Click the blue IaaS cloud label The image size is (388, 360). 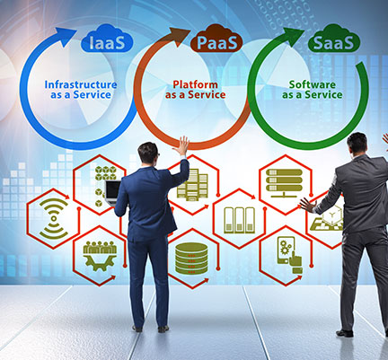107,39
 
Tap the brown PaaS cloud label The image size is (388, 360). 216,39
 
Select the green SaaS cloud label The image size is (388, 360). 333,39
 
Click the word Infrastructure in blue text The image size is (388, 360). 81,84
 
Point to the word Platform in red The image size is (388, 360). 195,84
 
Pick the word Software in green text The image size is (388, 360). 312,84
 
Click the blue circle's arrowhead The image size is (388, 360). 66,36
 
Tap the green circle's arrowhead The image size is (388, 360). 294,36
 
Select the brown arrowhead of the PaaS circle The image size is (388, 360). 180,36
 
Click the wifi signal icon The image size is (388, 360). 54,218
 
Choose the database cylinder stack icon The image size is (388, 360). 191,258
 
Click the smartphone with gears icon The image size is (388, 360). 289,255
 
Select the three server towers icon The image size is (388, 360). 239,220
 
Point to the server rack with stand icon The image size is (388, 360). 284,183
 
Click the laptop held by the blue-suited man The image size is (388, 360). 113,192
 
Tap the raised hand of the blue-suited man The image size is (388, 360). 182,145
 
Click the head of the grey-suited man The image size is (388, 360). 357,144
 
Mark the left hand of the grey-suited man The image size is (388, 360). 307,205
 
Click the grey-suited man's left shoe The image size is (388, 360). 344,333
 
